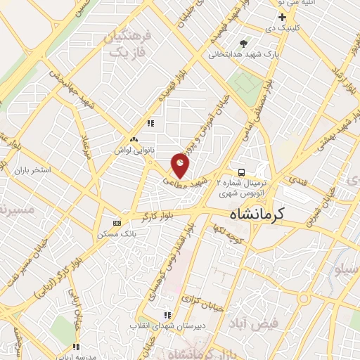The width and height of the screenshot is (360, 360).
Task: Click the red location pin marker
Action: [181, 166]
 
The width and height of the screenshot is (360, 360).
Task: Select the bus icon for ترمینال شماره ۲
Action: [241, 172]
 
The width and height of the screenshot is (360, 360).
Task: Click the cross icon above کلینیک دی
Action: [282, 17]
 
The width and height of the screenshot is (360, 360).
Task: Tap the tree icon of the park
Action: [244, 44]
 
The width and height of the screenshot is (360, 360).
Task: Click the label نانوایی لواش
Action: [134, 150]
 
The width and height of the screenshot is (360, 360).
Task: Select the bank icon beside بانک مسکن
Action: [117, 223]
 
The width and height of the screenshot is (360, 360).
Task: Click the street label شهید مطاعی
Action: [186, 179]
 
